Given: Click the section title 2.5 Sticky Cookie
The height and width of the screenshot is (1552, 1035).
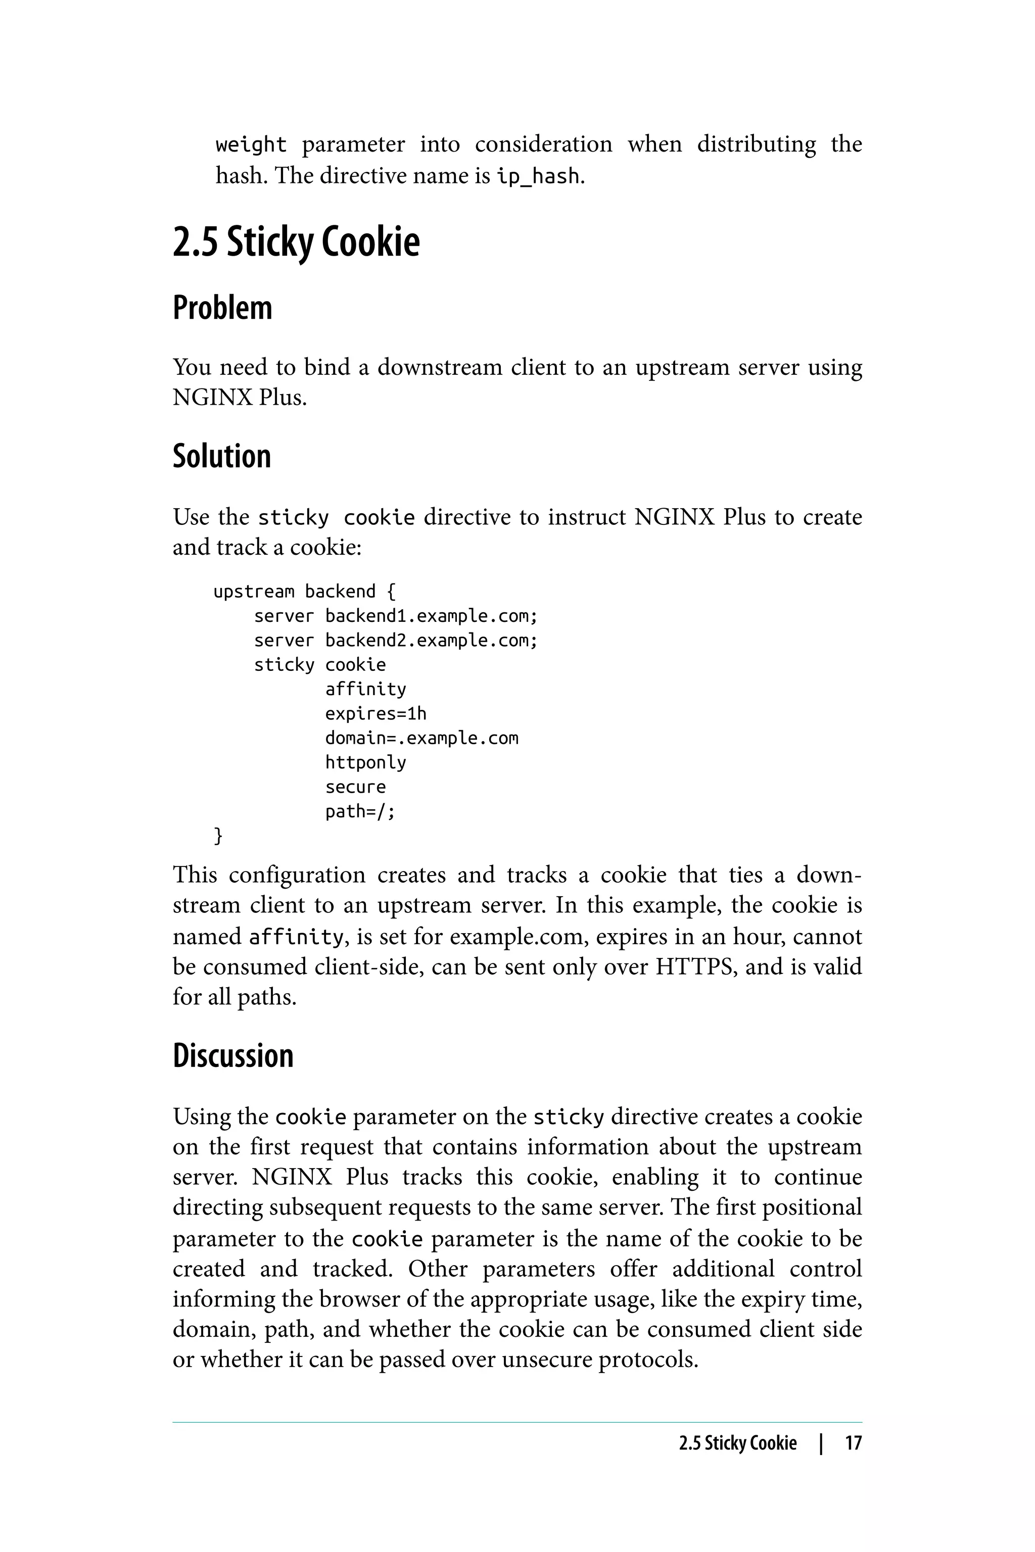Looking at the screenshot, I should pos(296,242).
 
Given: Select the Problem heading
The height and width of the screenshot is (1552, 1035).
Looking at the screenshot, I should pos(222,308).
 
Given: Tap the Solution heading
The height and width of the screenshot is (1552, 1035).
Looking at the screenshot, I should pos(222,457).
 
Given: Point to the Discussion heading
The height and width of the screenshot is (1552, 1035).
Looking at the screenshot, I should pos(232,1056).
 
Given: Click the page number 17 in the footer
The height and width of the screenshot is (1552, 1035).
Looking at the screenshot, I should pos(853,1443).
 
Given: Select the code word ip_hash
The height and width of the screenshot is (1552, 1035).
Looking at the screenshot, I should pos(538,177).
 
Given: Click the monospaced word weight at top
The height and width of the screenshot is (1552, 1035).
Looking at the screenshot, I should pos(251,144).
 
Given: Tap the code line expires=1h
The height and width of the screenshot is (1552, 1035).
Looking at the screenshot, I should pos(375,714).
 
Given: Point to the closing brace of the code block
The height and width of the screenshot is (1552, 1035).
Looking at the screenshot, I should pos(218,836).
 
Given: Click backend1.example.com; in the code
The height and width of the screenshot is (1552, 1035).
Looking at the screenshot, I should pos(431,616).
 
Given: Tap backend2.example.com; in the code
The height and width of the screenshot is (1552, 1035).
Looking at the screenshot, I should pos(431,641).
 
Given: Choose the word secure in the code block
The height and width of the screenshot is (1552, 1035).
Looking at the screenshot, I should pos(355,787).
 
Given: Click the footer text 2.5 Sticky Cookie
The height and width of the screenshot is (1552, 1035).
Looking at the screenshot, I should pos(737,1443).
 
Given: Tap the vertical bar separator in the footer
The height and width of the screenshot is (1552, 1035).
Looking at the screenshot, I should pos(821,1443).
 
